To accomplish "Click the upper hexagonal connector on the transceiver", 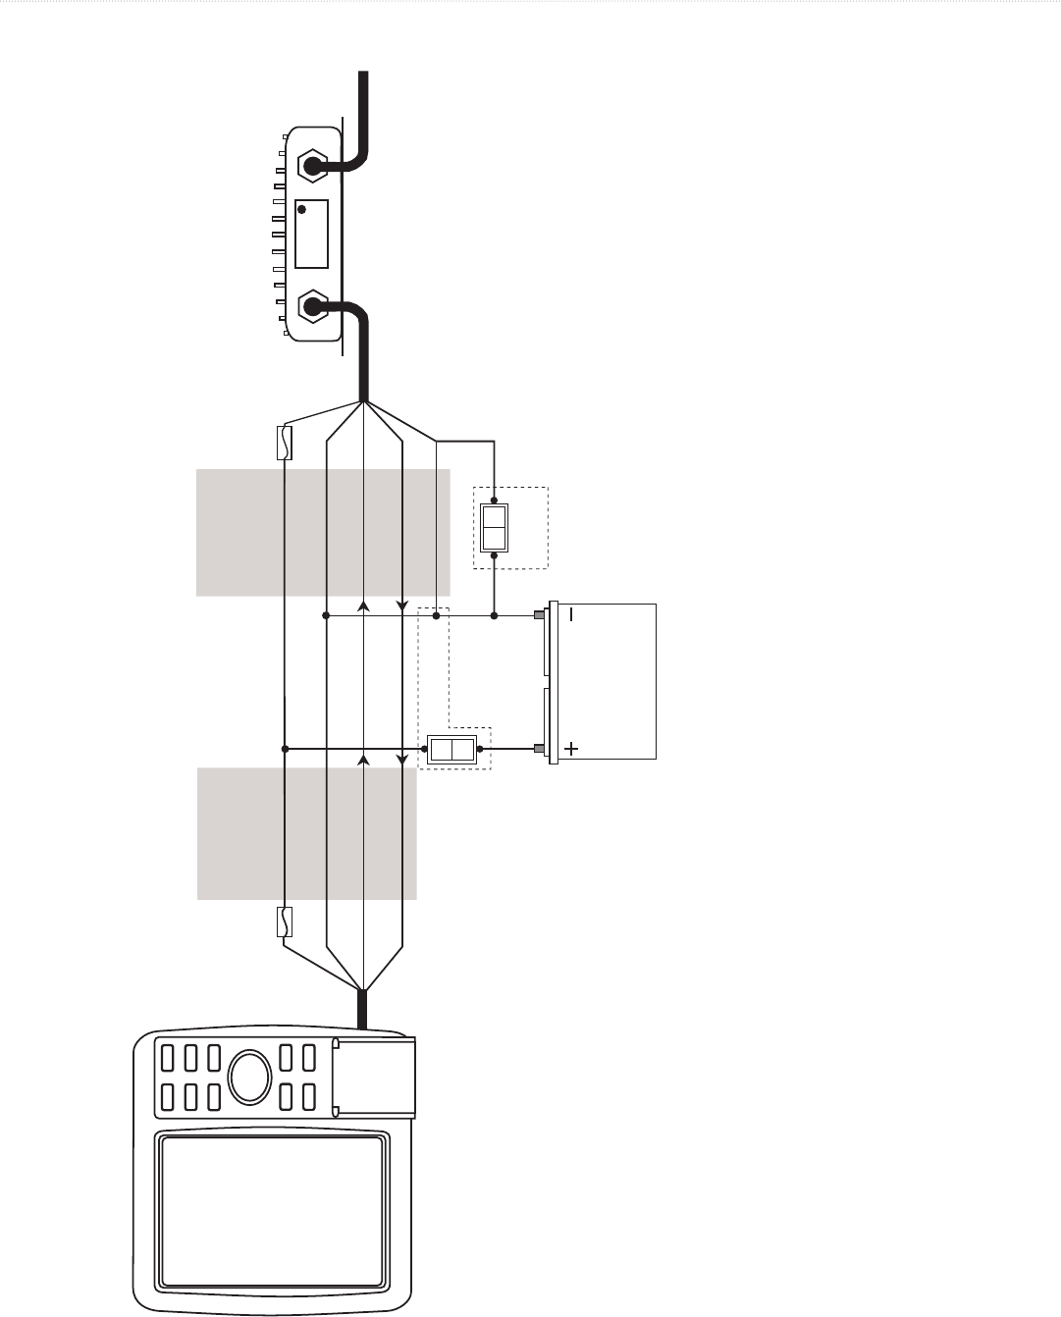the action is [x=312, y=166].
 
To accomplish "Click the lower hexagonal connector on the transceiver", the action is [x=312, y=307].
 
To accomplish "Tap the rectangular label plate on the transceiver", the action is [x=311, y=234].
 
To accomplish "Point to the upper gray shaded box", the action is [x=323, y=532].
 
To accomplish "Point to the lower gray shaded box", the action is [x=307, y=833].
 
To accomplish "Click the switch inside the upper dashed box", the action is [x=494, y=528].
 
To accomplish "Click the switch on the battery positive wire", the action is [x=453, y=751].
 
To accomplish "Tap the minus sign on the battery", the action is [x=571, y=615].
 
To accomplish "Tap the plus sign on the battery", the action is [x=571, y=750].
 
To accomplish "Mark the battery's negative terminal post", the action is [x=539, y=615].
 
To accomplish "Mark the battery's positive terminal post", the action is [x=539, y=750].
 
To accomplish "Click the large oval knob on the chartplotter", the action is [x=249, y=1077].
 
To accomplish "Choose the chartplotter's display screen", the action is [x=271, y=1211].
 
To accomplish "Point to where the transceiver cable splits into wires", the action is [x=364, y=402].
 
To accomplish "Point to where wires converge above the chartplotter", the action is [x=364, y=989].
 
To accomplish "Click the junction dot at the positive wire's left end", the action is [x=285, y=750].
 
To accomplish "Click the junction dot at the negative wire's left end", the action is [x=325, y=616].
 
